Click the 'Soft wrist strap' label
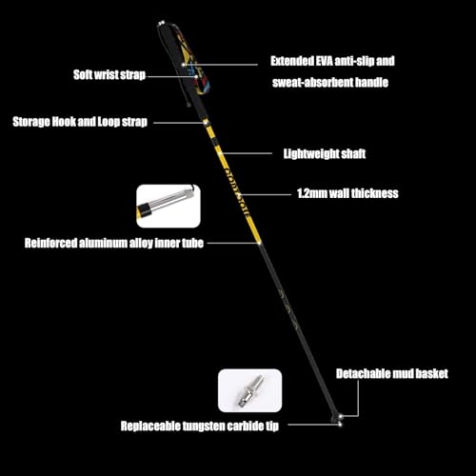pos(109,75)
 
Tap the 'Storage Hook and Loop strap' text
pos(80,122)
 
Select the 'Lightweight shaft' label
pos(325,153)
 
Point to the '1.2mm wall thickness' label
pos(347,193)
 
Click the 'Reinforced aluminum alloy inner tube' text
pos(114,243)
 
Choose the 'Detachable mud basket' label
pos(392,374)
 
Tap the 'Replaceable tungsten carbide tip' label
pos(200,426)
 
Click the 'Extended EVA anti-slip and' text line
pos(332,61)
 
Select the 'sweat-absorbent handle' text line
pos(330,83)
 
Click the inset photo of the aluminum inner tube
pos(169,206)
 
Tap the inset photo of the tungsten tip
pos(249,390)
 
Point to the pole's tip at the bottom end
pos(341,425)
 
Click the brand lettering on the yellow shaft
pos(236,191)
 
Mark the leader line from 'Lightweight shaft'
pos(247,153)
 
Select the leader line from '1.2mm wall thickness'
pos(266,194)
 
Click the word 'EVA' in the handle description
pos(325,61)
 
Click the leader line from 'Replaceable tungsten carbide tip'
pos(314,425)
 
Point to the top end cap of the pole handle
pos(162,23)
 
